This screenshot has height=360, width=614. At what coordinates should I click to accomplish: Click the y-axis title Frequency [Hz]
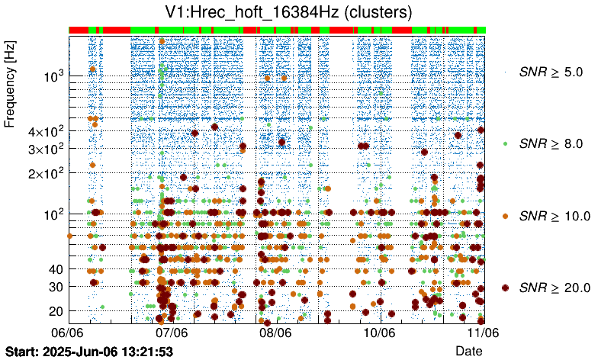(x=11, y=85)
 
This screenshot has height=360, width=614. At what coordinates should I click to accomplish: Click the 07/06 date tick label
(x=172, y=333)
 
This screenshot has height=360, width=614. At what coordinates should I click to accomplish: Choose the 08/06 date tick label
(x=275, y=333)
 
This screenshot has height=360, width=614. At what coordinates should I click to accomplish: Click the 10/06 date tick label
(x=379, y=333)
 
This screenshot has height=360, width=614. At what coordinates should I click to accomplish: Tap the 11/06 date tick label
(x=482, y=333)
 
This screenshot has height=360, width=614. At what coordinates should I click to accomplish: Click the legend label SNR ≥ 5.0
(x=551, y=72)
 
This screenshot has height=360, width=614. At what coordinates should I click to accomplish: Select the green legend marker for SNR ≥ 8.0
(x=505, y=143)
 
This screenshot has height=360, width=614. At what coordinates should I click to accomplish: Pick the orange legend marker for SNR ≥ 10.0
(x=505, y=216)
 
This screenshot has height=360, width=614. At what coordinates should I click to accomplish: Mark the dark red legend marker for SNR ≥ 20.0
(x=505, y=288)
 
